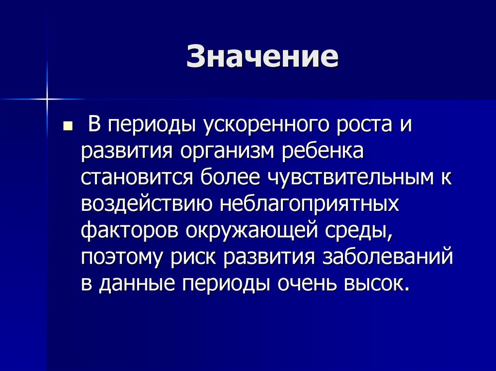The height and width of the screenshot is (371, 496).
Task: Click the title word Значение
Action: pyautogui.click(x=262, y=58)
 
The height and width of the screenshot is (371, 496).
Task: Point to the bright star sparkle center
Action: pyautogui.click(x=47, y=99)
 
